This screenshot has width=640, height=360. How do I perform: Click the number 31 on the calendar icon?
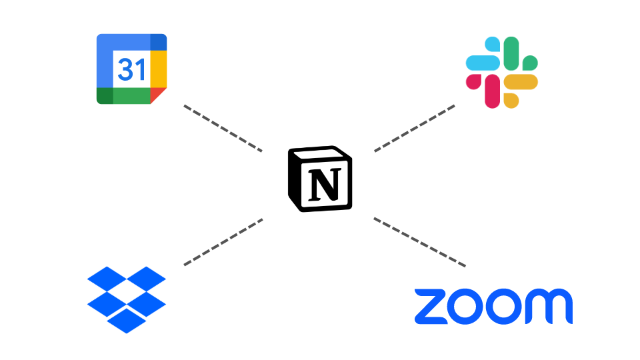[131, 69]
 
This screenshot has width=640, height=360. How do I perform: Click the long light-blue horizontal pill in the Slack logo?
[483, 63]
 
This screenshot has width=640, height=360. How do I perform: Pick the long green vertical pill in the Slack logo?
[511, 53]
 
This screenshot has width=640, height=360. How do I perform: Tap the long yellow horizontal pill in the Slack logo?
[521, 82]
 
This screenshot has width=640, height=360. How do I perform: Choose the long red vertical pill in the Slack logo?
[492, 91]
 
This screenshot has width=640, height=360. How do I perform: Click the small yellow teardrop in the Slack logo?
[511, 101]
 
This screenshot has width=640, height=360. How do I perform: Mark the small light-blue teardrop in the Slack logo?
[492, 44]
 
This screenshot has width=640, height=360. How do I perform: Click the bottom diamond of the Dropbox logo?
[127, 320]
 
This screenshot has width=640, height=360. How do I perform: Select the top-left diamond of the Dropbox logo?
[107, 279]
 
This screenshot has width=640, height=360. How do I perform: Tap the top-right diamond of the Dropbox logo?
[147, 279]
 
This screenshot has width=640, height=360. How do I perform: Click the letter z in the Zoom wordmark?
[431, 307]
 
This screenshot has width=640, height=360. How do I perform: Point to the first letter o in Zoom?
[467, 307]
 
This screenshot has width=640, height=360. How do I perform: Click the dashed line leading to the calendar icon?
[223, 128]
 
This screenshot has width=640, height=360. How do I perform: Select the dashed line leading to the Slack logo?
[415, 128]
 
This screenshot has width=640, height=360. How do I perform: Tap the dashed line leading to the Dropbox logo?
[223, 242]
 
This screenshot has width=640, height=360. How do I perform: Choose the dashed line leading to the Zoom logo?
[419, 242]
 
